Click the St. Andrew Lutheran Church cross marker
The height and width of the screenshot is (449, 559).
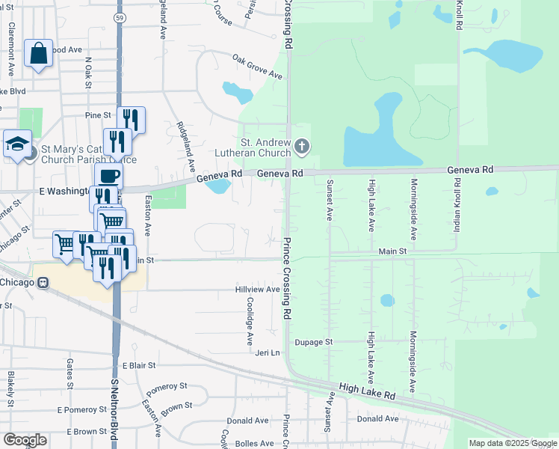301,145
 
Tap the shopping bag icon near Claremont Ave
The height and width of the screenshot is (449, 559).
38,54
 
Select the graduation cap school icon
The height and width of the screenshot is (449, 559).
16,144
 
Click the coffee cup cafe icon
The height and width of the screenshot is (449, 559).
109,177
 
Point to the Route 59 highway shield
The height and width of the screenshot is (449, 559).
120,16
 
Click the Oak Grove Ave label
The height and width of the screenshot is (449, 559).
257,66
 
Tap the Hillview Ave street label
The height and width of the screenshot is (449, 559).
257,289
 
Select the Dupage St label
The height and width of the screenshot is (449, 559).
312,342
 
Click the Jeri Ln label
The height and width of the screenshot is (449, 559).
267,352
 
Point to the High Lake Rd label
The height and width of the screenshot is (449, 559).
366,391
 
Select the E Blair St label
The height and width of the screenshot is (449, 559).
138,366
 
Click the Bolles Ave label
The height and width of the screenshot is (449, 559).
256,443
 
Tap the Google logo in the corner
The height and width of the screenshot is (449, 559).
25,440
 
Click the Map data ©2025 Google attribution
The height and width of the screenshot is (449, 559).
513,443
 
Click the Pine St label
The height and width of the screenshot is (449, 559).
98,115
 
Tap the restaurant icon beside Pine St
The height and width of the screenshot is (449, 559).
130,119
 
